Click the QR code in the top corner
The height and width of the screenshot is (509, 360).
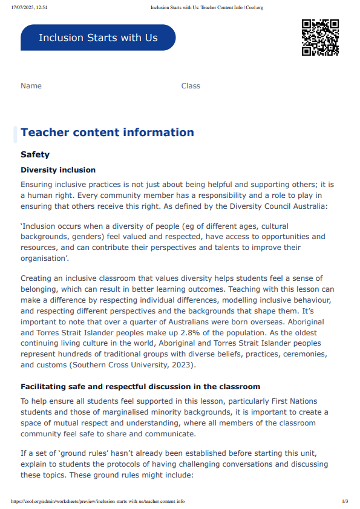click(x=319, y=38)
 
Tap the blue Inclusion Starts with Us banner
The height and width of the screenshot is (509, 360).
click(x=98, y=38)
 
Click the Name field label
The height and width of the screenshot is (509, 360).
click(x=31, y=86)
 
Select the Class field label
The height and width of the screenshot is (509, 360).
click(x=191, y=86)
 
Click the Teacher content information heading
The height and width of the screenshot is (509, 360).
click(x=107, y=133)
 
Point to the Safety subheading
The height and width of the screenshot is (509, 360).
click(x=35, y=155)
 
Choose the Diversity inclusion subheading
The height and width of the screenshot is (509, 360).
click(x=58, y=170)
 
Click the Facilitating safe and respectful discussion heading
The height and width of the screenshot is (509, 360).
click(x=140, y=386)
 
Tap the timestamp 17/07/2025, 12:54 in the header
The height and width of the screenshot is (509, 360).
click(x=29, y=7)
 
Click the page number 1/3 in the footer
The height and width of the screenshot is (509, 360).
click(x=345, y=502)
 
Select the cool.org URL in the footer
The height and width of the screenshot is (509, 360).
click(x=97, y=502)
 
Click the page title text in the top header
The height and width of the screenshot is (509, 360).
click(x=206, y=7)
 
